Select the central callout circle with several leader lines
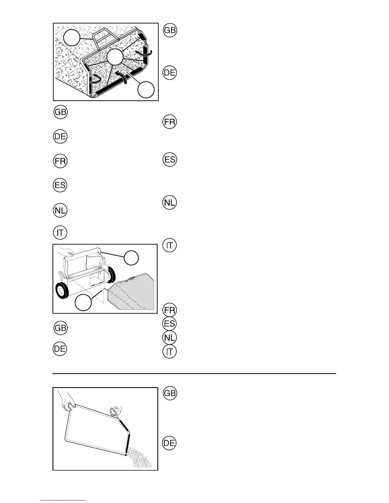115,57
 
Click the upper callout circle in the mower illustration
131,258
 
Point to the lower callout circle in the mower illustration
83,303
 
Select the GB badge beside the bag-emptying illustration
169,393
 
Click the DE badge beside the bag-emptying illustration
169,443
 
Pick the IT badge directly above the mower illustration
60,233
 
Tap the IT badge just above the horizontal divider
169,351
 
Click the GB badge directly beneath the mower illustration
60,328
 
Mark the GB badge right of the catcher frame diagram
170,30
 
